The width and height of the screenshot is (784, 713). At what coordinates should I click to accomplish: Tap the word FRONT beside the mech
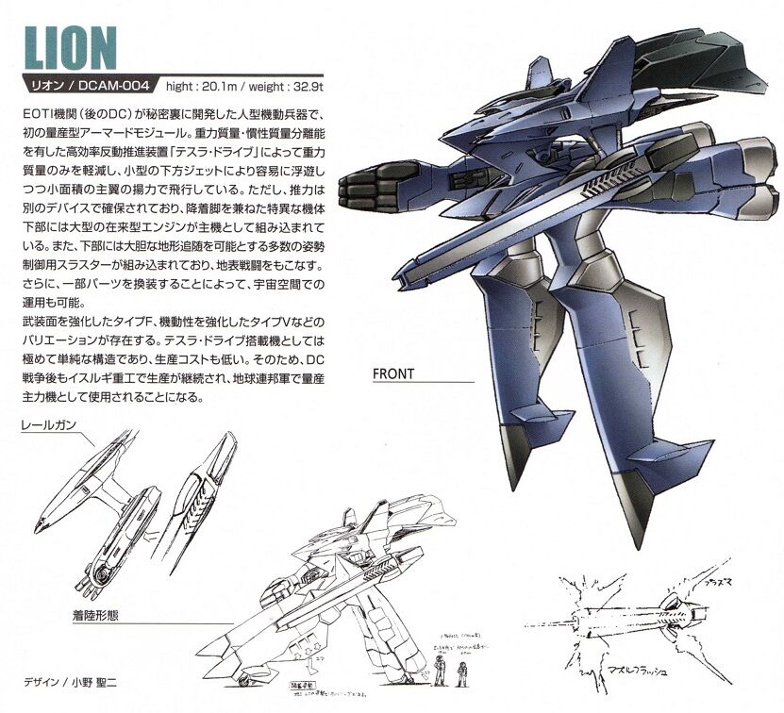(394, 373)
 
